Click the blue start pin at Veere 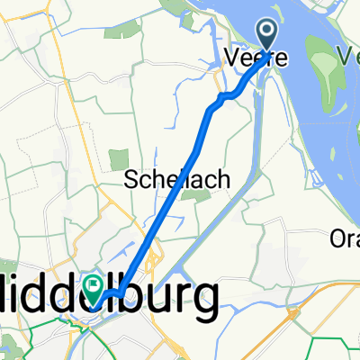tap(270, 36)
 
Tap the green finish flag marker tap(94, 287)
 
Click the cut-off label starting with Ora tap(345, 240)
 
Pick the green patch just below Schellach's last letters tap(189, 196)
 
